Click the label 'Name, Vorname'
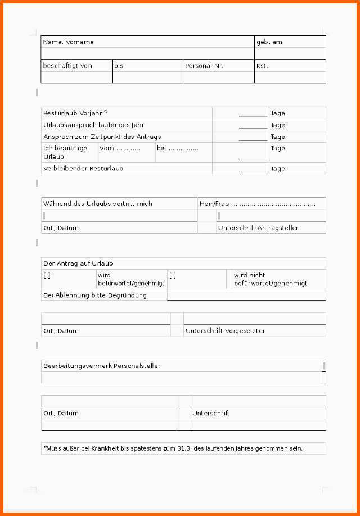tap(69, 42)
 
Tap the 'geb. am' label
tap(269, 42)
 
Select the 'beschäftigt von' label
tap(67, 66)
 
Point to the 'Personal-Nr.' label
tap(204, 66)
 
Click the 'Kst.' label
tap(263, 66)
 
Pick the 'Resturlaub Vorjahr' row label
tap(74, 113)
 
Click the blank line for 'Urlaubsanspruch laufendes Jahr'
tap(253, 125)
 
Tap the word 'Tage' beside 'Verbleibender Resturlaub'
tap(278, 169)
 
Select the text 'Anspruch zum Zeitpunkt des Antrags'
tap(94, 137)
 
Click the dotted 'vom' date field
tap(120, 149)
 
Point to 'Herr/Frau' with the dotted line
tap(258, 204)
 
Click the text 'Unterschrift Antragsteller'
tap(258, 228)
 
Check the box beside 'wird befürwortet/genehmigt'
tap(47, 276)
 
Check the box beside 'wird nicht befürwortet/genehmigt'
tap(173, 276)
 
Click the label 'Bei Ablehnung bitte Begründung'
tap(95, 295)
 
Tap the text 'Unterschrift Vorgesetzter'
tap(226, 331)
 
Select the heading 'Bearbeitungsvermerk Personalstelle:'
tap(102, 366)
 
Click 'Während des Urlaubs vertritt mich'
tap(98, 204)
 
